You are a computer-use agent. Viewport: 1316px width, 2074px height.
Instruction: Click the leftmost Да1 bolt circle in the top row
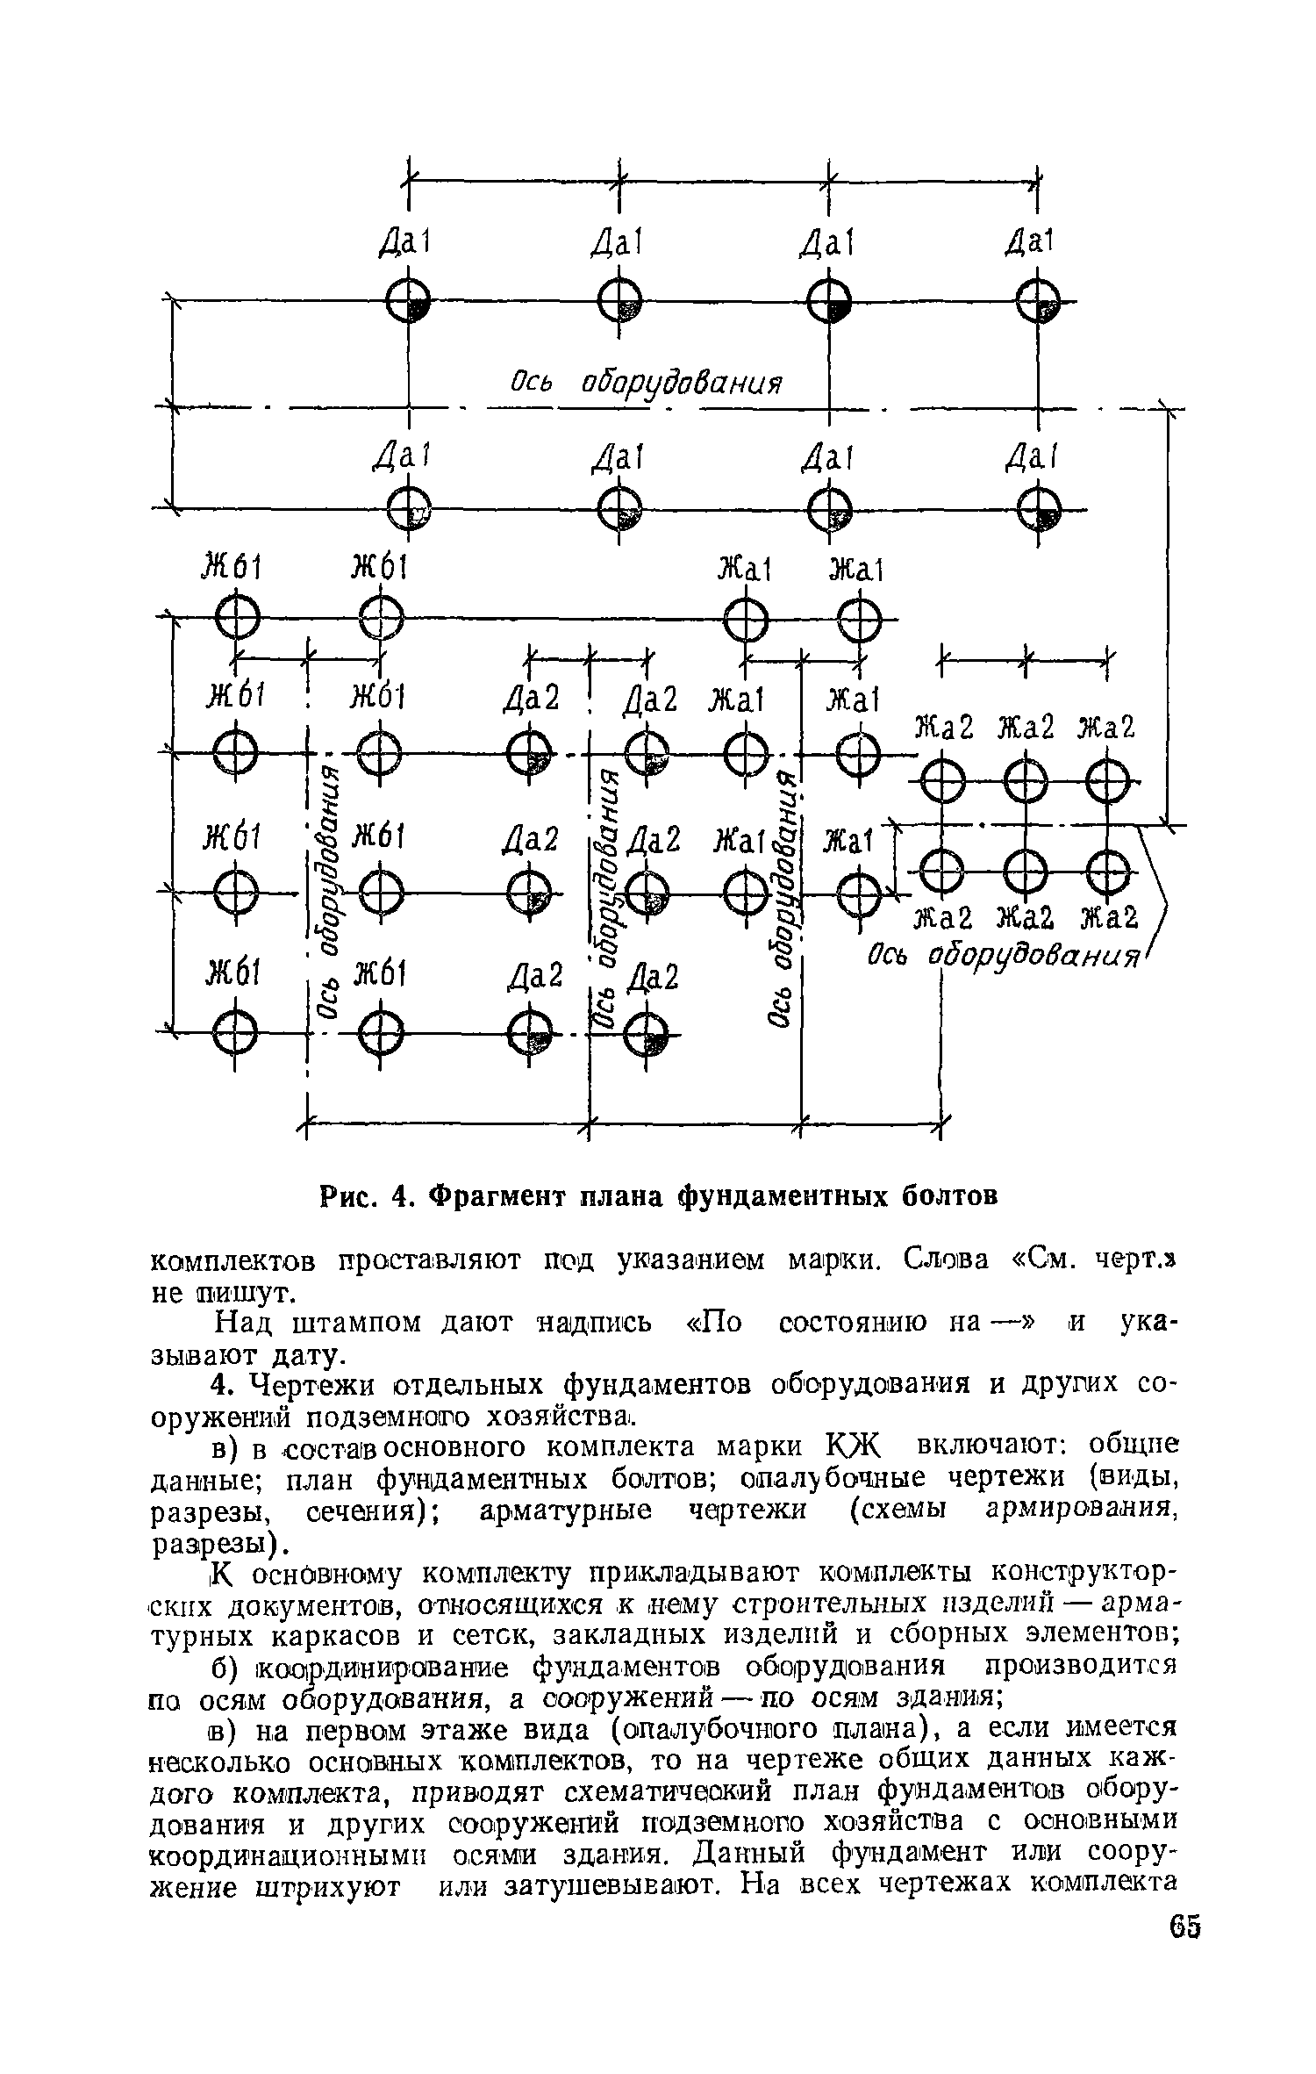pos(408,305)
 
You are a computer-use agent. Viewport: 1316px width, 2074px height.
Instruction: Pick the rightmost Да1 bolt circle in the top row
pos(1038,305)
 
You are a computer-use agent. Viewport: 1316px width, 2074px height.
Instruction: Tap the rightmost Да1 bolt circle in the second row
pos(1038,510)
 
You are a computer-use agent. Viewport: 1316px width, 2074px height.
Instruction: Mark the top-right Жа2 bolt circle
pos(1108,779)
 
